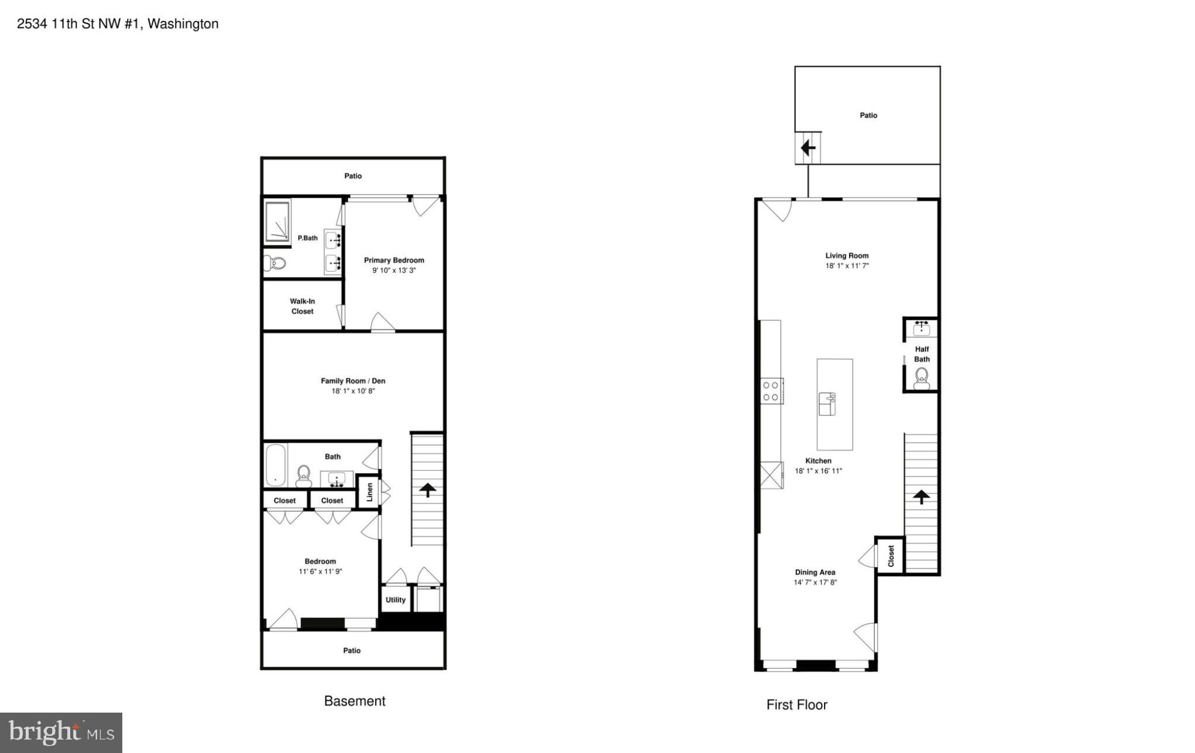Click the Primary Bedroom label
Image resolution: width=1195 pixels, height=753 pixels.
point(394,260)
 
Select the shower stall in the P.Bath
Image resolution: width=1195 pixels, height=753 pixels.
point(277,222)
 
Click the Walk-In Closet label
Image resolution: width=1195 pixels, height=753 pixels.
point(303,306)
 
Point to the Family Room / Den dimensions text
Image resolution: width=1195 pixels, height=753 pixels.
point(353,391)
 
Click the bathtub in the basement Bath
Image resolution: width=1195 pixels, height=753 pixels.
point(275,466)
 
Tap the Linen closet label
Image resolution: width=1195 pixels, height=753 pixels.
point(369,492)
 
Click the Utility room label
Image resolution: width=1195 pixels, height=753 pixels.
point(396,600)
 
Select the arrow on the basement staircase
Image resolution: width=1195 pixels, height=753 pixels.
point(428,490)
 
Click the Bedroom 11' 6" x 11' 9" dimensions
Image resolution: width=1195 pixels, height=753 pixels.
point(320,571)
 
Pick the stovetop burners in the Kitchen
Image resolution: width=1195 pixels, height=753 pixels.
point(771,391)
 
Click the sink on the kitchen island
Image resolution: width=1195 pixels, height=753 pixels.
point(827,404)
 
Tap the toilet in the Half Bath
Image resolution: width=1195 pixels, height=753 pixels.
point(922,378)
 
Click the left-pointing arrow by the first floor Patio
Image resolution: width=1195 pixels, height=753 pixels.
point(808,148)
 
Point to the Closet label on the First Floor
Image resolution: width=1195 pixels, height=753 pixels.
point(891,556)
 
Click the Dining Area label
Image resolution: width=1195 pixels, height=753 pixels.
point(815,572)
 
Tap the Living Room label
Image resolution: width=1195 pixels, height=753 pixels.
point(847,255)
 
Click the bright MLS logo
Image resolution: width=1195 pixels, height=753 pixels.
point(61,733)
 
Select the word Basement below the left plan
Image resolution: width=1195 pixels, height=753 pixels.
point(355,701)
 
